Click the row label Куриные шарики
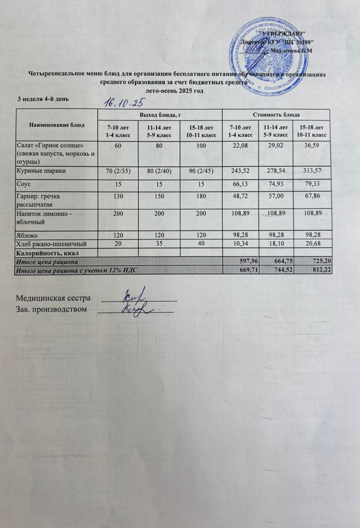pyautogui.click(x=41, y=171)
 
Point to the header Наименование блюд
pyautogui.click(x=56, y=125)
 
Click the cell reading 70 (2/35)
pyautogui.click(x=118, y=171)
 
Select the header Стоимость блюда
pyautogui.click(x=276, y=115)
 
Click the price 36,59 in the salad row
pyautogui.click(x=311, y=145)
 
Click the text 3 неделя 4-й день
pyautogui.click(x=43, y=99)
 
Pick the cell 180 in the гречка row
pyautogui.click(x=200, y=196)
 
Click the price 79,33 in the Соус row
pyautogui.click(x=311, y=183)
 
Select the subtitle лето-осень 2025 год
pyautogui.click(x=174, y=90)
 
